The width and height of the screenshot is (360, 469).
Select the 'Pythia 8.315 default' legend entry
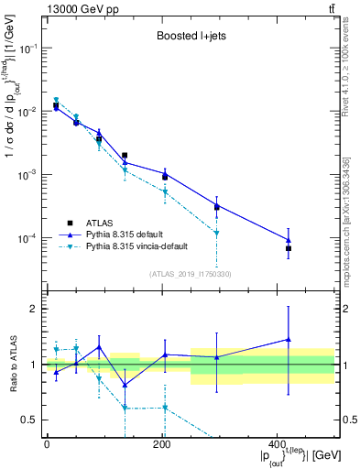point(129,234)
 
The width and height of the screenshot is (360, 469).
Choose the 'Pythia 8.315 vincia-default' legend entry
point(142,247)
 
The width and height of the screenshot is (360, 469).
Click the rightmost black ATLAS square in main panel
point(314,248)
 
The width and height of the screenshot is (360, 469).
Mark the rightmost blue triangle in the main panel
point(314,240)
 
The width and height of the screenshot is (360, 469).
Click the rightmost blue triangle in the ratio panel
point(314,340)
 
